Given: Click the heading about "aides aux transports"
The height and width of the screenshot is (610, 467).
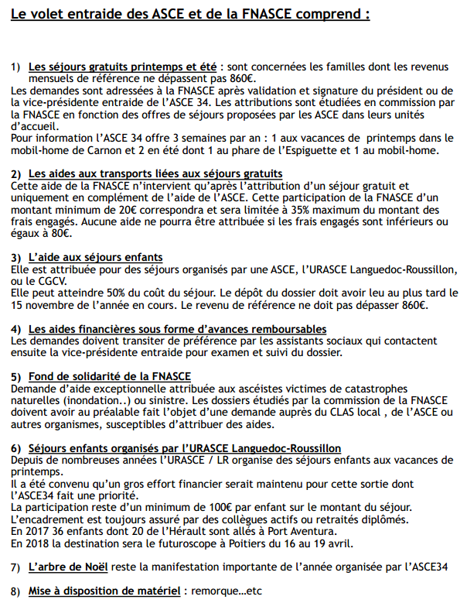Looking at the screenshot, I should point(155,173).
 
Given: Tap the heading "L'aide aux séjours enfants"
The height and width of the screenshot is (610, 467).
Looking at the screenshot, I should point(96,256).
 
